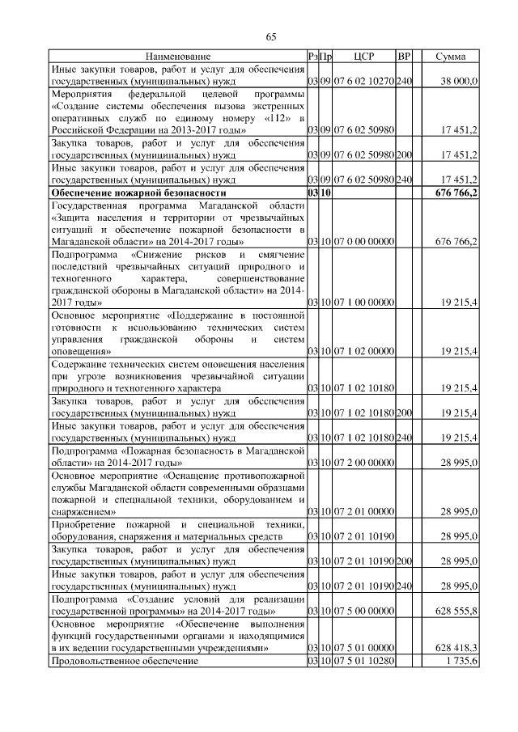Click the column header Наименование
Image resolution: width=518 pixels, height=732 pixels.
coord(178,57)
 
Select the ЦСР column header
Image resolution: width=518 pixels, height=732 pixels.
coord(363,57)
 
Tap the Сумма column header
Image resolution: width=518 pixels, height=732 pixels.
coord(450,57)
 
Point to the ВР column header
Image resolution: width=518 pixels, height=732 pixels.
coord(405,57)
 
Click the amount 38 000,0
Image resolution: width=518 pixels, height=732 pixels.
coord(459,83)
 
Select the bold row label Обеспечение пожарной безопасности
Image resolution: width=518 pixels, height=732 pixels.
coord(138,194)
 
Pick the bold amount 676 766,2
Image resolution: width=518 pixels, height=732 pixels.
coord(456,194)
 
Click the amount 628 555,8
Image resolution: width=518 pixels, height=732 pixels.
coord(457,611)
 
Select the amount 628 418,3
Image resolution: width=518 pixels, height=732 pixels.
coord(457,648)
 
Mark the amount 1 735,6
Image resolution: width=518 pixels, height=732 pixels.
coord(461,661)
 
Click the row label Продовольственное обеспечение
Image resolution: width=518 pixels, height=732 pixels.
coord(125,661)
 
